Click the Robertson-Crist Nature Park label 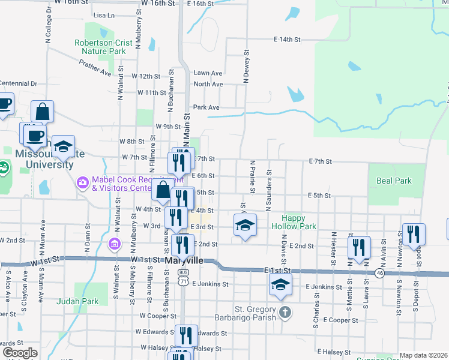point(100,47)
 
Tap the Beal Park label point(394,180)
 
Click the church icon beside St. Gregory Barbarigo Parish point(285,312)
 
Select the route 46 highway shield point(379,273)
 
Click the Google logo point(20,353)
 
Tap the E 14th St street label point(286,40)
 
